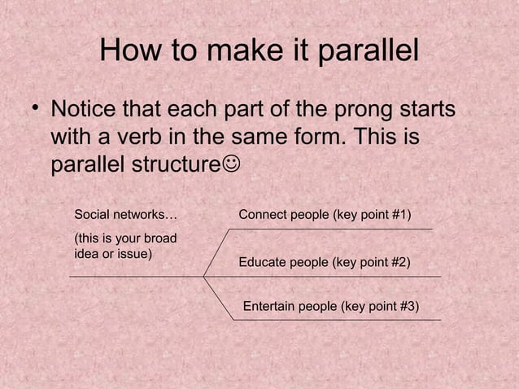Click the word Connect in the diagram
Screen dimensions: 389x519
tap(262, 215)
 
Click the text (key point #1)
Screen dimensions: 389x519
tap(370, 215)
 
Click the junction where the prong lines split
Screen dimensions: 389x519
tap(204, 277)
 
